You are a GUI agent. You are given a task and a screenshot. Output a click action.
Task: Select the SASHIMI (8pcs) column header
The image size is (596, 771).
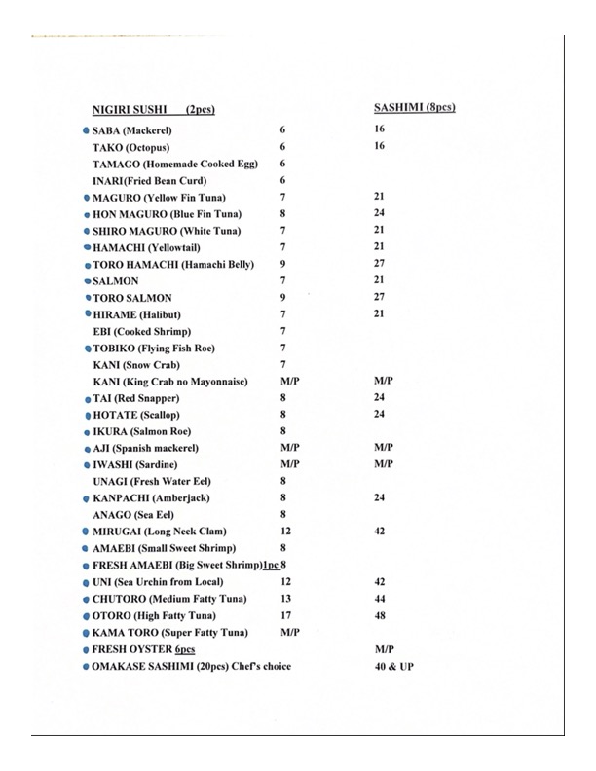pos(415,106)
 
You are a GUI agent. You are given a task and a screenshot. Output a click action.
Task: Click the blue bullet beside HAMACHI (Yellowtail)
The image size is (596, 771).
pos(87,247)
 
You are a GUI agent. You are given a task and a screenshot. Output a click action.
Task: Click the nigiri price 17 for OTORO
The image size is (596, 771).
pos(284,615)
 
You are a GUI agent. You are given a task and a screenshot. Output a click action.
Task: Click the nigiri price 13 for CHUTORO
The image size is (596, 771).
pos(284,599)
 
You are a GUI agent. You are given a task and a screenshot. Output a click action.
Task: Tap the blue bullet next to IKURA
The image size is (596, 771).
pos(87,430)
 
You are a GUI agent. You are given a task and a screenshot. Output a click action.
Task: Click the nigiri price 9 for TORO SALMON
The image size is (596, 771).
pos(282,298)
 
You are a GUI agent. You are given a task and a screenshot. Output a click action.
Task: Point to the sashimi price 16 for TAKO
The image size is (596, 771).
pos(380,146)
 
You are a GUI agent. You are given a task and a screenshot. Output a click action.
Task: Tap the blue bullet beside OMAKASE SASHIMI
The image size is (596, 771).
pos(87,666)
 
